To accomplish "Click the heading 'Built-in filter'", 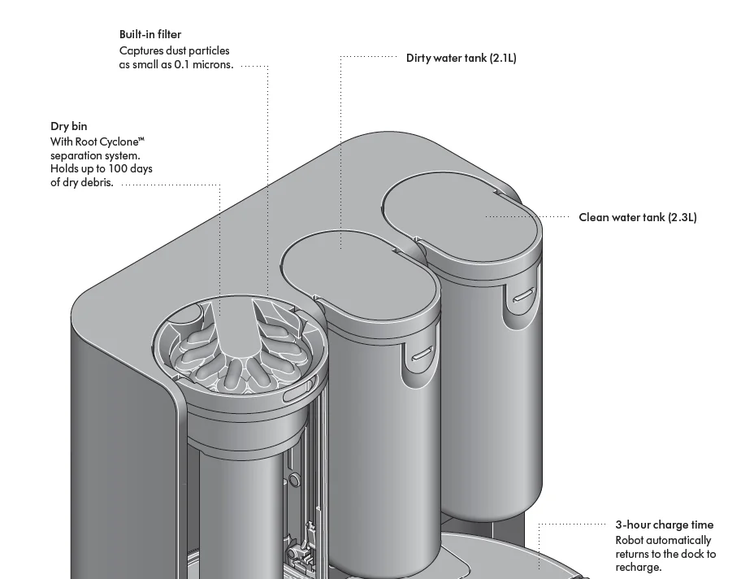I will tap(150, 34).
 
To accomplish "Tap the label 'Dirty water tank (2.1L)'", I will tap(461, 58).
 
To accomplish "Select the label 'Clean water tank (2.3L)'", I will tap(637, 217).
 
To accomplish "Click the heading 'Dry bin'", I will tap(68, 126).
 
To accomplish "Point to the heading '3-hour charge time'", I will tap(664, 525).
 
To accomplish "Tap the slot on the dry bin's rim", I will tap(301, 394).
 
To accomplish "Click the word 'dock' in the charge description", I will tap(691, 554).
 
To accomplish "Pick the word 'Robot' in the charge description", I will tap(629, 540).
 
